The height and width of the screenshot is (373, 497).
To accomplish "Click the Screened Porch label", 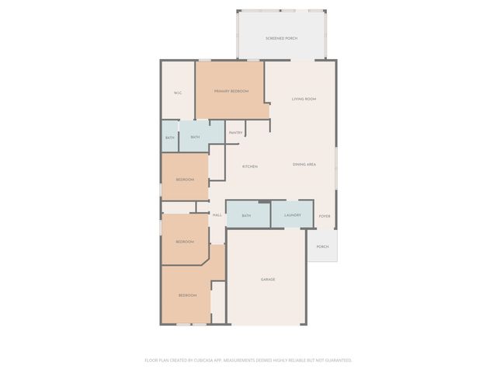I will coord(281,38).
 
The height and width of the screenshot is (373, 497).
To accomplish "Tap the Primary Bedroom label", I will coord(231,91).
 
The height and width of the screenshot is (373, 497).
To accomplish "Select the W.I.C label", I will coord(177,93).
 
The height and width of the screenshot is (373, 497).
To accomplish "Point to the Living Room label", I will coord(304,99).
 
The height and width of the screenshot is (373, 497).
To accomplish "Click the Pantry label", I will coord(235,133).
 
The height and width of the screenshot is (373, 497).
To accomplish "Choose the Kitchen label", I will coord(249,167).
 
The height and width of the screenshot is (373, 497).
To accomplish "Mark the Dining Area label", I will coord(304,165).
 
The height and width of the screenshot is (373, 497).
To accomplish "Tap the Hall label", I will coord(217,215).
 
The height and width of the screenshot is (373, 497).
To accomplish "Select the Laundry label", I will coord(293,215).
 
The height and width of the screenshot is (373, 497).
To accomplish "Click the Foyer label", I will coord(325,216).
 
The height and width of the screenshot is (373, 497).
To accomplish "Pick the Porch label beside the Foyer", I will coord(322,247).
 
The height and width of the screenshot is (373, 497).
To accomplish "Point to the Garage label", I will coord(267,279).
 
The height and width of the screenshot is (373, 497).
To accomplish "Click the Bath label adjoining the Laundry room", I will coord(246,215).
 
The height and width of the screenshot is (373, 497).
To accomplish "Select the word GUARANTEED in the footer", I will coord(335,361).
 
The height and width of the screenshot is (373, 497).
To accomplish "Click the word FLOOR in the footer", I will coord(151,361).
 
